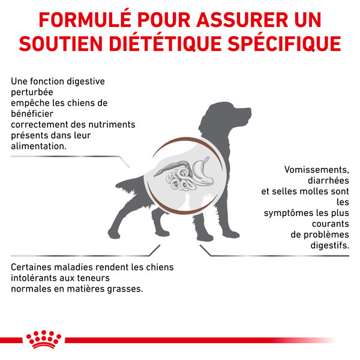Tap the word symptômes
point(287,213)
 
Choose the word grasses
point(125,289)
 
